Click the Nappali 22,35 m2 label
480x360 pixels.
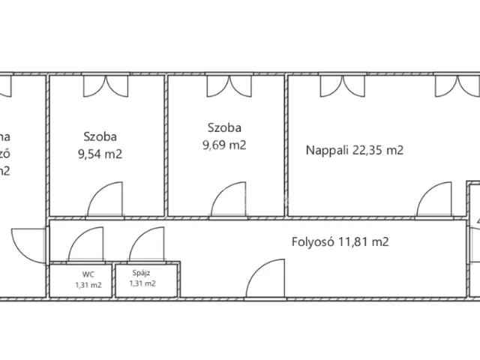pyautogui.click(x=354, y=150)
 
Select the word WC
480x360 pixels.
pyautogui.click(x=78, y=274)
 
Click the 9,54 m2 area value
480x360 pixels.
pyautogui.click(x=100, y=155)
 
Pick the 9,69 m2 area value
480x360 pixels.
pyautogui.click(x=224, y=145)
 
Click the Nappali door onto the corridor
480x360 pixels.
pyautogui.click(x=434, y=201)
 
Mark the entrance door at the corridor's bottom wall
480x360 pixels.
pyautogui.click(x=267, y=277)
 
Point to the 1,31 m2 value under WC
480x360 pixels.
pyautogui.click(x=88, y=285)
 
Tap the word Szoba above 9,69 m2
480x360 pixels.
pyautogui.click(x=223, y=127)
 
